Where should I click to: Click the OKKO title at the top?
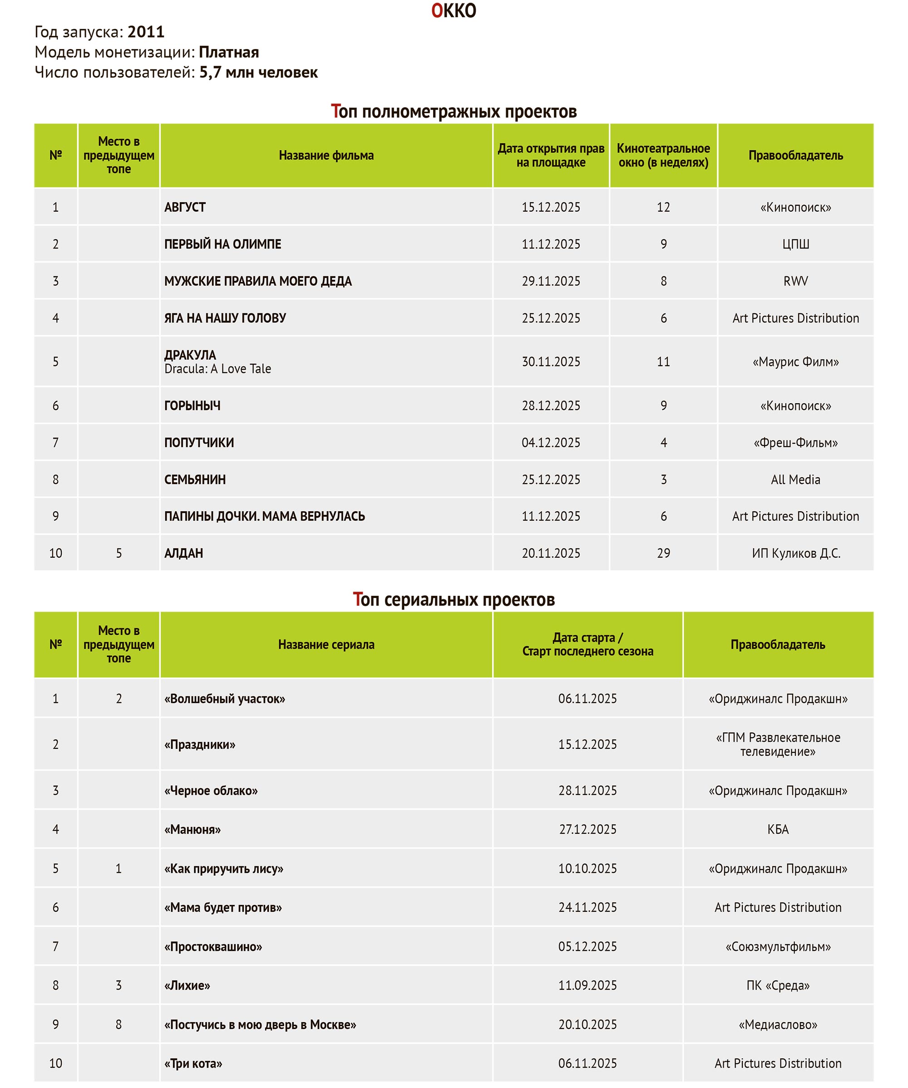pyautogui.click(x=453, y=11)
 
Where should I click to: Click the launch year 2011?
pyautogui.click(x=146, y=32)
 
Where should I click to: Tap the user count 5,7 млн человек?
pyautogui.click(x=258, y=73)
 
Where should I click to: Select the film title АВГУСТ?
pyautogui.click(x=185, y=207)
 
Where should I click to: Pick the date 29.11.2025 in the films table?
pyautogui.click(x=551, y=282)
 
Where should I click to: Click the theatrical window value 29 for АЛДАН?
pyautogui.click(x=663, y=554)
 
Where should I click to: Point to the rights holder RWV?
pyautogui.click(x=795, y=282)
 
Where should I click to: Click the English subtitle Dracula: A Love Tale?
pyautogui.click(x=217, y=369)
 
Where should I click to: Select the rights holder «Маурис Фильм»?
pyautogui.click(x=795, y=361)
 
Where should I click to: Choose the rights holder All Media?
pyautogui.click(x=795, y=480)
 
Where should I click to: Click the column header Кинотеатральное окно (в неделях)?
pyautogui.click(x=663, y=155)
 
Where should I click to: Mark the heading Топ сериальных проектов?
pyautogui.click(x=453, y=599)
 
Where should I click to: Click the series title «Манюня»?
pyautogui.click(x=192, y=830)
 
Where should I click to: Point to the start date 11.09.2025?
pyautogui.click(x=587, y=985)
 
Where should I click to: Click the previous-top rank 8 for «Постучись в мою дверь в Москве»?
pyautogui.click(x=118, y=1024)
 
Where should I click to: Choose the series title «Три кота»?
pyautogui.click(x=193, y=1063)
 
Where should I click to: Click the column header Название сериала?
pyautogui.click(x=326, y=644)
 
